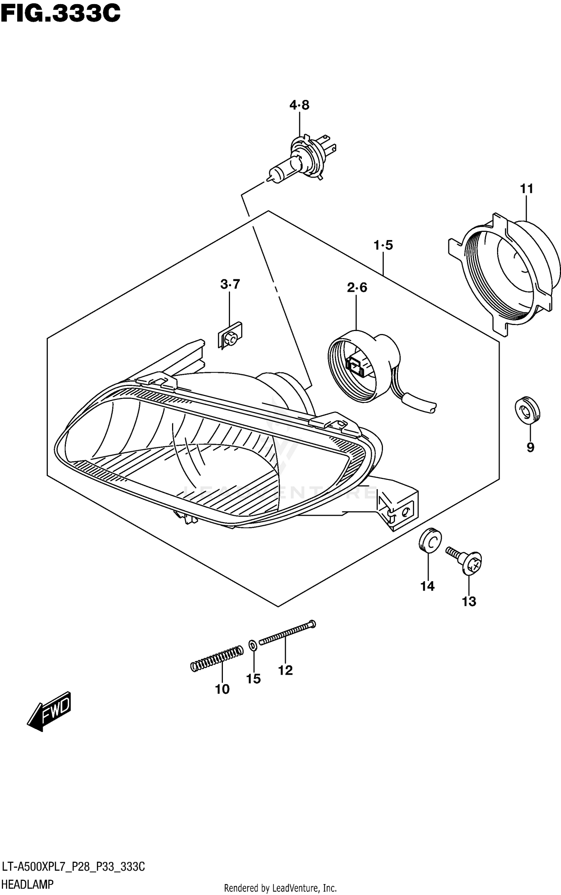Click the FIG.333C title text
coord(60,14)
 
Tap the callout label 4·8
coord(299,105)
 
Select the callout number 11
coord(526,189)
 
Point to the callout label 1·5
coord(383,245)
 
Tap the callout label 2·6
coord(357,288)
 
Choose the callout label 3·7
coord(230,285)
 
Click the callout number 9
coord(530,447)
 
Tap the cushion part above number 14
coord(430,540)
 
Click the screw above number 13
coord(466,561)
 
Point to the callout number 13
coord(469,602)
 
